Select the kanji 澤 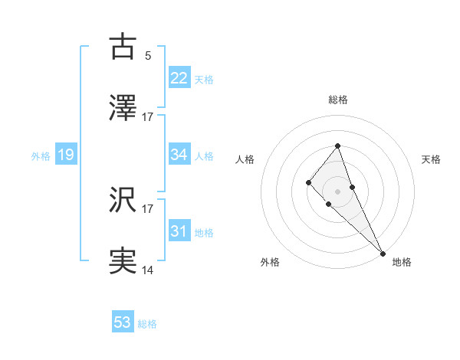click(123, 109)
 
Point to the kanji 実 click(123, 262)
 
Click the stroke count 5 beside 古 click(148, 55)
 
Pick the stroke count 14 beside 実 click(148, 270)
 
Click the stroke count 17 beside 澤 click(148, 117)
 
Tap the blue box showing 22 click(179, 78)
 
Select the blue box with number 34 click(179, 155)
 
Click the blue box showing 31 click(179, 231)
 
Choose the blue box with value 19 click(66, 155)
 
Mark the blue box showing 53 click(123, 322)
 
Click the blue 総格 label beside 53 click(147, 324)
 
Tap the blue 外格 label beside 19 click(41, 156)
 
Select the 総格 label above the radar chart click(338, 100)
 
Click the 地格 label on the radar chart click(402, 262)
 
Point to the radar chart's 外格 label click(270, 262)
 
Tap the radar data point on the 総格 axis click(337, 146)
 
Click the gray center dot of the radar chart click(337, 191)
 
